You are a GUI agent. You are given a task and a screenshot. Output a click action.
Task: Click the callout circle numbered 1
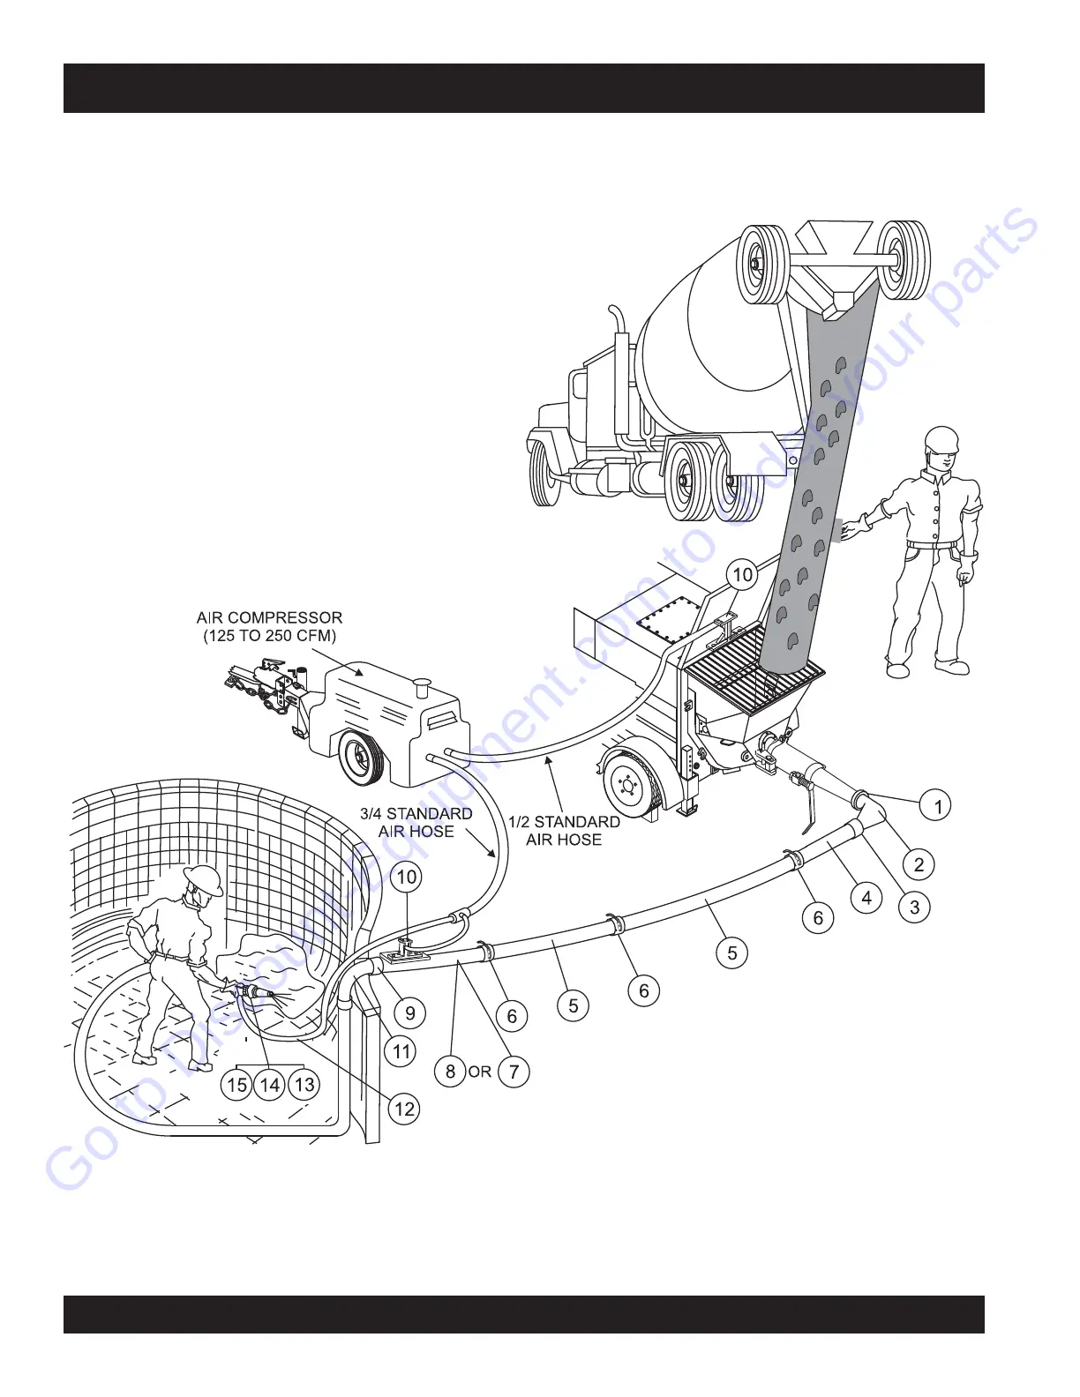[937, 805]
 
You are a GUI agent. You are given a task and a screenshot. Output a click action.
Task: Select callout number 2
[919, 864]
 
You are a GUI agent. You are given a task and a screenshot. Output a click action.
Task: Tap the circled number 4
[866, 898]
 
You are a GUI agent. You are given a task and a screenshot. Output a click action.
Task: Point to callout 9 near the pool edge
[409, 1013]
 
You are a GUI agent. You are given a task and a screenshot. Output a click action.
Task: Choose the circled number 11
[401, 1051]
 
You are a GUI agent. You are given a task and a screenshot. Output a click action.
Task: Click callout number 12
[404, 1108]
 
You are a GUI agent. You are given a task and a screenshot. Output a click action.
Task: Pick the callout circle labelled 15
[236, 1084]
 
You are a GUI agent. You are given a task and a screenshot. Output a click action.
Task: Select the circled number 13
[304, 1084]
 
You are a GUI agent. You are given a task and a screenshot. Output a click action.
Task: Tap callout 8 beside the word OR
[450, 1072]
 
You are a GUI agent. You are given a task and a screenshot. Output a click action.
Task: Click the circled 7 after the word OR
[514, 1072]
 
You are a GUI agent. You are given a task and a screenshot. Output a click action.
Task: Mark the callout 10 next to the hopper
[743, 575]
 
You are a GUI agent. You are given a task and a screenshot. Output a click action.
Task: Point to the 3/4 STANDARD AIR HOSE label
[416, 822]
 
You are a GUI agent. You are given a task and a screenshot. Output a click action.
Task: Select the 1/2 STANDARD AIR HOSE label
[564, 831]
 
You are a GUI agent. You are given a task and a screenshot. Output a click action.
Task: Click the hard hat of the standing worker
[941, 438]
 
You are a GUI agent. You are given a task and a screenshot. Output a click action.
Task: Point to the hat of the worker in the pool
[203, 878]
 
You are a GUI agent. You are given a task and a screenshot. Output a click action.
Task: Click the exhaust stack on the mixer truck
[616, 331]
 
